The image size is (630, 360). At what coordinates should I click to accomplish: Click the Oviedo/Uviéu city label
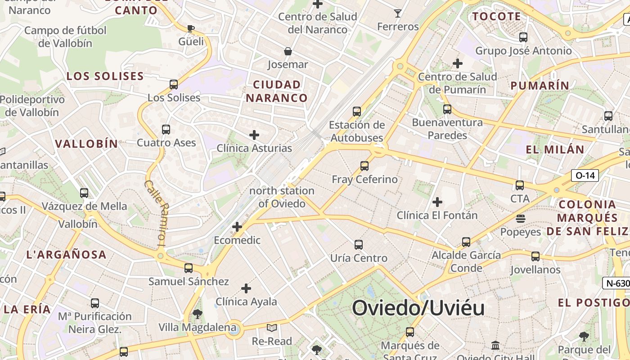click(x=418, y=308)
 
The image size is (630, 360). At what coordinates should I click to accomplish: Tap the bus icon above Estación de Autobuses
click(x=357, y=111)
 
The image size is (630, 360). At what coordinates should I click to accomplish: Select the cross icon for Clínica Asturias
click(x=254, y=135)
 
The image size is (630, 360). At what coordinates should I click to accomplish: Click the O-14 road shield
click(x=585, y=175)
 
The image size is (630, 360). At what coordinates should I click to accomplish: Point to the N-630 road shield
click(x=616, y=283)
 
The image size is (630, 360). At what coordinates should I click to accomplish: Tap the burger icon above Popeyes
click(x=521, y=219)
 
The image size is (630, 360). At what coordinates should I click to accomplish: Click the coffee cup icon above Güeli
click(x=191, y=29)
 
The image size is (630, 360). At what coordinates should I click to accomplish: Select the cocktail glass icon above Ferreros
click(x=398, y=13)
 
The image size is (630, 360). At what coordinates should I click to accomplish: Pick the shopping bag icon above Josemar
click(x=288, y=51)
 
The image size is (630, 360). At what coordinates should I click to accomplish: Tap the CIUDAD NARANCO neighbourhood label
click(x=277, y=91)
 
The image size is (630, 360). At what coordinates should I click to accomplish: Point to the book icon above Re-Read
click(x=272, y=328)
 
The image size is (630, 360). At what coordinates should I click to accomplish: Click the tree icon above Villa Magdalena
click(x=197, y=314)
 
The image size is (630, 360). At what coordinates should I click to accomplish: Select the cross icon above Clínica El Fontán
click(x=437, y=202)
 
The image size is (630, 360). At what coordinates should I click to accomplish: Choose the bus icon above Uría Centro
click(x=359, y=245)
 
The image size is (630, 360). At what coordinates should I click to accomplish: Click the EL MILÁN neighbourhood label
click(x=555, y=149)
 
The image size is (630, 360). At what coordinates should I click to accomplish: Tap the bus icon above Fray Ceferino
click(x=364, y=166)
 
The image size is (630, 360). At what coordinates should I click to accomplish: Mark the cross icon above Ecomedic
click(x=237, y=227)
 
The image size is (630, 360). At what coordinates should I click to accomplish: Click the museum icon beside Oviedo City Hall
click(x=495, y=345)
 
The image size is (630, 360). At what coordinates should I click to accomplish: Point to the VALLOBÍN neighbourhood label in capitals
click(x=86, y=144)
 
